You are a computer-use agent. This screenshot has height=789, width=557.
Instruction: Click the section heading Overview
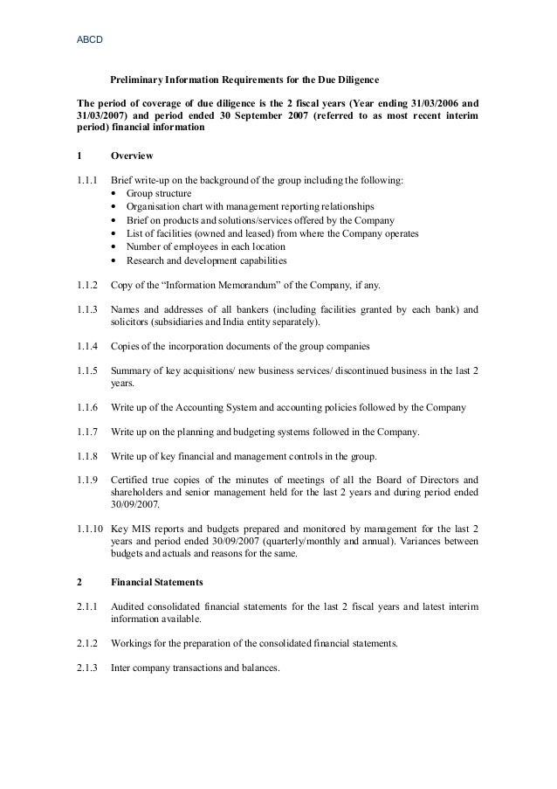tap(132, 156)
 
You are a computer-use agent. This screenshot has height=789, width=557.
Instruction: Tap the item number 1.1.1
tap(89, 181)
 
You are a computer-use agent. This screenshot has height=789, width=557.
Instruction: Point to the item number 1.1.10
tap(92, 529)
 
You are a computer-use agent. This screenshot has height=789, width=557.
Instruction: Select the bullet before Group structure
tap(116, 193)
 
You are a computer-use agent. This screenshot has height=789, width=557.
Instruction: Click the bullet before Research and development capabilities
tap(116, 260)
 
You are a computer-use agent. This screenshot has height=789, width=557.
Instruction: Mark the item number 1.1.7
tap(89, 432)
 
